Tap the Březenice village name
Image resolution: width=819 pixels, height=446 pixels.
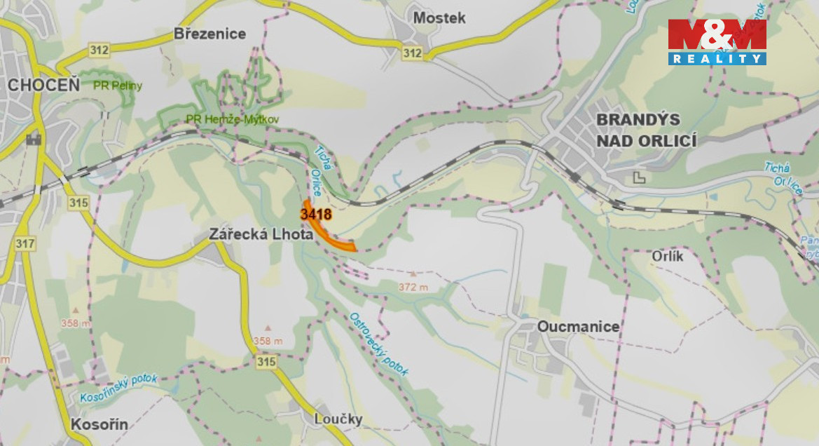209,34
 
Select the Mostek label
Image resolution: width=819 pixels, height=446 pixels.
439,18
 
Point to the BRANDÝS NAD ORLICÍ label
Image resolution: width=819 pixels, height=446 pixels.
646,130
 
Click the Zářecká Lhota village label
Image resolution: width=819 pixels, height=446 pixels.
261,235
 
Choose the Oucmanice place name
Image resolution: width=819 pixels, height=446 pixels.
578,327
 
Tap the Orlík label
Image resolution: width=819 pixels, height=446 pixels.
667,256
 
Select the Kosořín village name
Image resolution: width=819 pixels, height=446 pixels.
99,424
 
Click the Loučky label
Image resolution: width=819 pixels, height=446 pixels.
338,419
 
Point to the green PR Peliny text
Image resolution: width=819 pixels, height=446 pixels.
118,86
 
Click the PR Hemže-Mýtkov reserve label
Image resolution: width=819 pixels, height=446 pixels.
233,120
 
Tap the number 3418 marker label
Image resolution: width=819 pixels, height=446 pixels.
315,213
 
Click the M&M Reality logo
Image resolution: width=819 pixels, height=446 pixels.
717,42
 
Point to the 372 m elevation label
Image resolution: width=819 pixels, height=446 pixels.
413,287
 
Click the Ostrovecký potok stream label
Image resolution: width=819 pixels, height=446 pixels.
378,344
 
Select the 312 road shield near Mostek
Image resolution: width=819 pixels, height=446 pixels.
413,53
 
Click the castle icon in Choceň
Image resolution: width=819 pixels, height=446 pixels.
33,138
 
